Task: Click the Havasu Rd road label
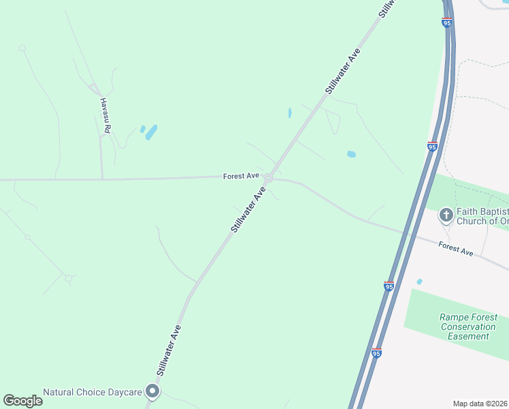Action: (105, 111)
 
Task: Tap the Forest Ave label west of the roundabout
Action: (241, 176)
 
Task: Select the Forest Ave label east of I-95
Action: (455, 249)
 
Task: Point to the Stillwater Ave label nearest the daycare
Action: (171, 350)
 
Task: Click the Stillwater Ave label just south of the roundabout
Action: (248, 211)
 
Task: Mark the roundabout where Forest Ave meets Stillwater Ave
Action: (269, 179)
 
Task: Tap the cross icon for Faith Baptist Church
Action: (446, 216)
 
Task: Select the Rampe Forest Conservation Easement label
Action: (468, 327)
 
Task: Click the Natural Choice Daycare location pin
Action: (152, 391)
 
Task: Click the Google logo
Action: (22, 401)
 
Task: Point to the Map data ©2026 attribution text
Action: (480, 404)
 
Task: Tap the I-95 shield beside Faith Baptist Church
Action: (432, 146)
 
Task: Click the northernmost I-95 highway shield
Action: (446, 22)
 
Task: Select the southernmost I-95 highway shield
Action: (376, 353)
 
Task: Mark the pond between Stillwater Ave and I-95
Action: (351, 154)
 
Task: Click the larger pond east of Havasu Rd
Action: (151, 132)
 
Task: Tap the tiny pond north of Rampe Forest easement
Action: (419, 282)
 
